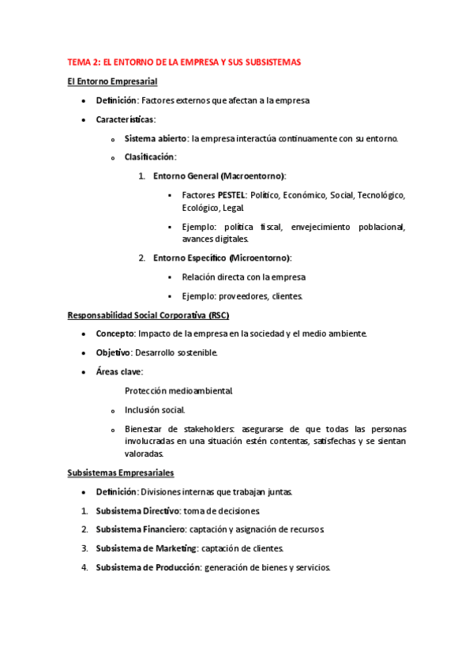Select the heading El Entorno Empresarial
click(112, 81)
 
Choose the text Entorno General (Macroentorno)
click(219, 175)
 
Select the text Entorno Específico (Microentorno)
click(222, 258)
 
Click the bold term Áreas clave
click(118, 371)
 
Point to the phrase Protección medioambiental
click(178, 391)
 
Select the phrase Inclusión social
click(155, 410)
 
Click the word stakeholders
click(202, 429)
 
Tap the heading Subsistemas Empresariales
click(120, 472)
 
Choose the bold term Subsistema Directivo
click(138, 511)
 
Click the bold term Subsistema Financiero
click(141, 529)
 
